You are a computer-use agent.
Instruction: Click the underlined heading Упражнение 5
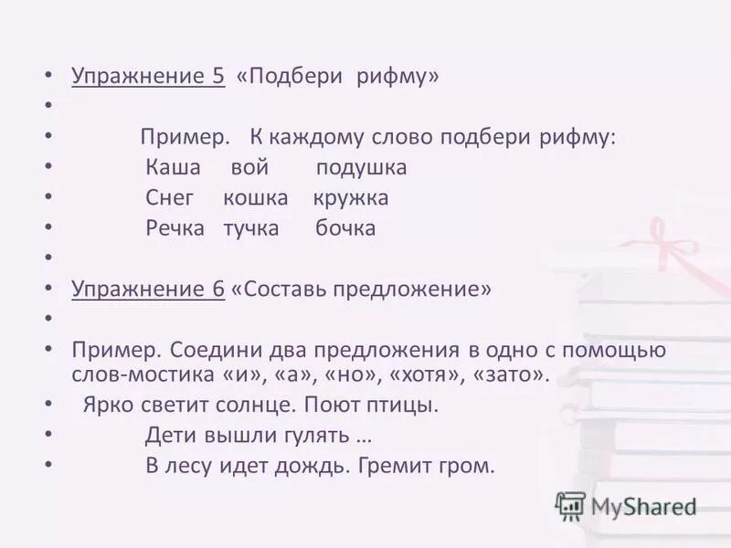(x=148, y=77)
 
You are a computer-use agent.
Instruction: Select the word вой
(x=249, y=168)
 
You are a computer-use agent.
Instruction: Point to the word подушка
(x=361, y=169)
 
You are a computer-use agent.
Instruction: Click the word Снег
(x=170, y=198)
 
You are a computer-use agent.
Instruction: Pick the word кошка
(x=255, y=198)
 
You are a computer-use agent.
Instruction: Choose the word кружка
(x=351, y=198)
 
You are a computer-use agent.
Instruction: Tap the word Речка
(x=175, y=228)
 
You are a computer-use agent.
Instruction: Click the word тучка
(x=251, y=228)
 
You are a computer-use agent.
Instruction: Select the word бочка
(x=345, y=228)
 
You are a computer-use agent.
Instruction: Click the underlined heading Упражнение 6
(x=148, y=290)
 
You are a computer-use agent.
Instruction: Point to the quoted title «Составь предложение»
(x=362, y=290)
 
